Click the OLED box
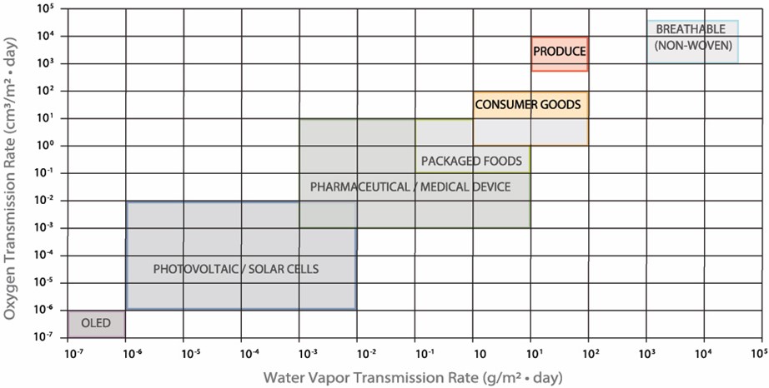[96, 323]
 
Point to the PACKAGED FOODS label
[471, 161]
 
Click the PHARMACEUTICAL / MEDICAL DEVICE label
[410, 187]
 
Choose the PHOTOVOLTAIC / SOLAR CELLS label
[236, 269]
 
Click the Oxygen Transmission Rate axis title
[12, 172]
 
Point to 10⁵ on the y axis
[46, 9]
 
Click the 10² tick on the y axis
[46, 90]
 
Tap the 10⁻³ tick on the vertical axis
[46, 227]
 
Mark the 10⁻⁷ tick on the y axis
[46, 337]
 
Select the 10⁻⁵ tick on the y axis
[46, 282]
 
